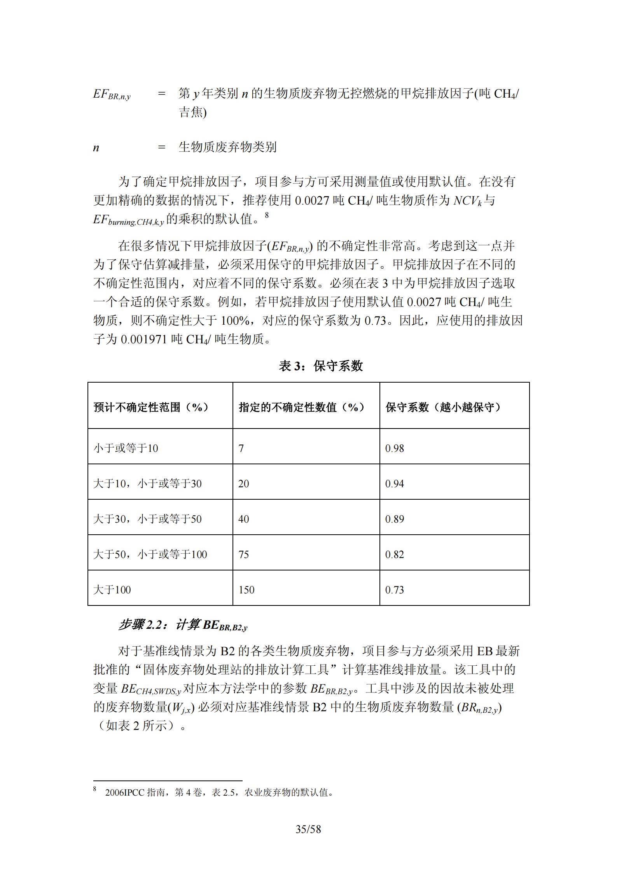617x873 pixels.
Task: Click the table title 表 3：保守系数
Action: pos(321,366)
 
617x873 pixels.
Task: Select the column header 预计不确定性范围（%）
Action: pos(151,407)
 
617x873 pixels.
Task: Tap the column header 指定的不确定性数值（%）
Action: pos(302,407)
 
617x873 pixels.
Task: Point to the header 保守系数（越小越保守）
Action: pos(443,407)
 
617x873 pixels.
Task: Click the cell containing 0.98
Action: pos(395,448)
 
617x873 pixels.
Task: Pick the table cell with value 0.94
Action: pos(395,484)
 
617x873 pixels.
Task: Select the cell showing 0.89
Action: pos(395,519)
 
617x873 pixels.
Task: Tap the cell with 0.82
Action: pos(395,555)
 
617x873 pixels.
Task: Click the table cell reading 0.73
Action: pos(395,590)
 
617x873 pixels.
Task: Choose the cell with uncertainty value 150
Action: pos(246,590)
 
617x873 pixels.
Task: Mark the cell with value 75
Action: pos(244,555)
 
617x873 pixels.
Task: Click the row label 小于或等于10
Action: pos(126,448)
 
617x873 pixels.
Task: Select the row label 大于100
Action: pos(112,590)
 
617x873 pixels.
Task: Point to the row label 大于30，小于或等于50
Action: pos(147,519)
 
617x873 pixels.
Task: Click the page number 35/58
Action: pos(308,829)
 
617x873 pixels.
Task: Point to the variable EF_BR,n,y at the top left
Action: pos(112,95)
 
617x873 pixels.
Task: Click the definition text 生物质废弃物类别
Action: pos(227,147)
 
